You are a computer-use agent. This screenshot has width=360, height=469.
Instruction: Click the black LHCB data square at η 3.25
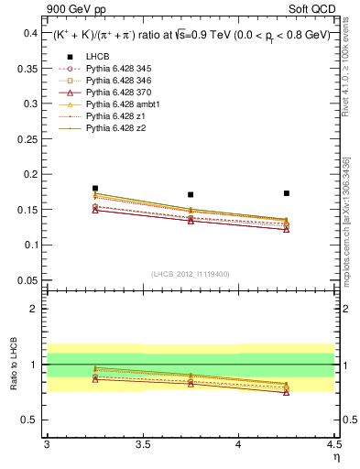pyautogui.click(x=95, y=189)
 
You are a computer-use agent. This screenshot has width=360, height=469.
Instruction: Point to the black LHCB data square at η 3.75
pyautogui.click(x=191, y=194)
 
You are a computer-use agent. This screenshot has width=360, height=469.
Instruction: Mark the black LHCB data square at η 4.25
pyautogui.click(x=287, y=193)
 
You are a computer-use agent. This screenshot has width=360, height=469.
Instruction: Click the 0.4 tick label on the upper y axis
pyautogui.click(x=29, y=33)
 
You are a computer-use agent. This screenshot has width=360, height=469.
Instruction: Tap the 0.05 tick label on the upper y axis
pyautogui.click(x=27, y=280)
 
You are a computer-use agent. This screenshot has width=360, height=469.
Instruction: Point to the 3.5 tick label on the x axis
pyautogui.click(x=142, y=444)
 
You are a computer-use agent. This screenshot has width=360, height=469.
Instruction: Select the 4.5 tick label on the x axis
pyautogui.click(x=333, y=444)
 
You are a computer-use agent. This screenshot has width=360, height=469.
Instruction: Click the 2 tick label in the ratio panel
pyautogui.click(x=34, y=309)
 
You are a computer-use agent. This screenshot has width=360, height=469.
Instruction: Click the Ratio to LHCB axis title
pyautogui.click(x=14, y=364)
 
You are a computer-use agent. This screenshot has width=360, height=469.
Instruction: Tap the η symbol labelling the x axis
pyautogui.click(x=335, y=455)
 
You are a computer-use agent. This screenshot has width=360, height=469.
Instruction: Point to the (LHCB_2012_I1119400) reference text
pyautogui.click(x=190, y=273)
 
